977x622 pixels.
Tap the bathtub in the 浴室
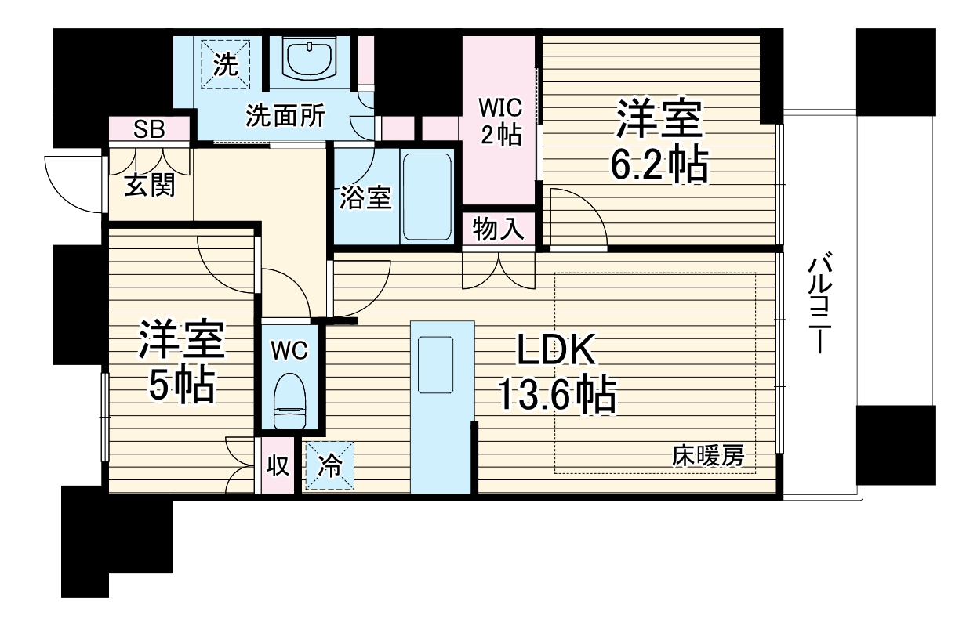click(427, 197)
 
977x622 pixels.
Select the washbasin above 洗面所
click(309, 60)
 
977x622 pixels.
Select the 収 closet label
click(278, 465)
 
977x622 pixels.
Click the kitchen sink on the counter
click(436, 364)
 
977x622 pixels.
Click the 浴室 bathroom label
click(365, 198)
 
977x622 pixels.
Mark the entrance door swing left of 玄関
click(75, 183)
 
